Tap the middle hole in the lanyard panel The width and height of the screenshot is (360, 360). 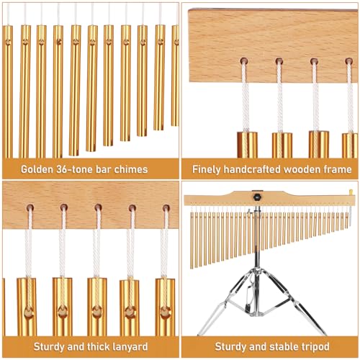pyautogui.click(x=97, y=208)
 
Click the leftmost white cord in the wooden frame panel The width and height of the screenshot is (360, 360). pyautogui.click(x=246, y=97)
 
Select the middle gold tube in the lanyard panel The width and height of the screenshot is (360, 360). pyautogui.click(x=97, y=306)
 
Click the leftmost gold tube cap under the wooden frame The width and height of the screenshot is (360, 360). pyautogui.click(x=247, y=144)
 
